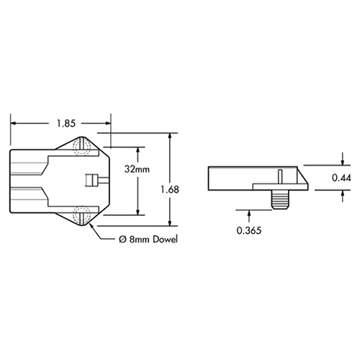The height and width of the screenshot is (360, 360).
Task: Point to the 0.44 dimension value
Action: click(342, 177)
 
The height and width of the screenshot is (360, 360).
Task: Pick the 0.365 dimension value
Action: click(249, 231)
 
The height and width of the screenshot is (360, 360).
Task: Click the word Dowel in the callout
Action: click(163, 239)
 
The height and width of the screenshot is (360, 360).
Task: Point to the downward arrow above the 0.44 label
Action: click(342, 162)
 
